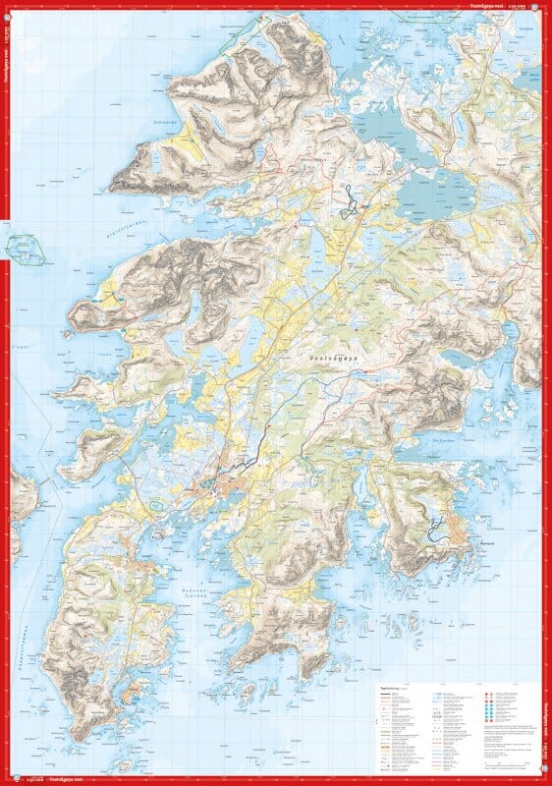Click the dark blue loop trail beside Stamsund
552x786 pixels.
coord(433,530)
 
